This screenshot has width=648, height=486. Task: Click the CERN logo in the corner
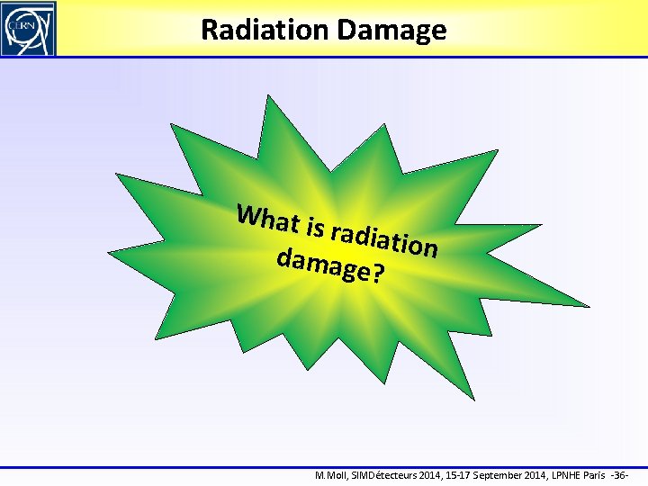pos(28,28)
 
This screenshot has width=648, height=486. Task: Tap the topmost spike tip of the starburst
pos(269,95)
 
